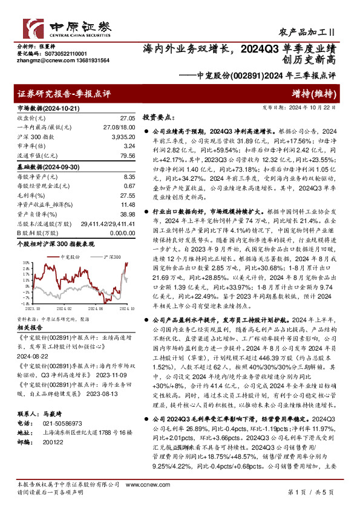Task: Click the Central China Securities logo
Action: tap(67, 28)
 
